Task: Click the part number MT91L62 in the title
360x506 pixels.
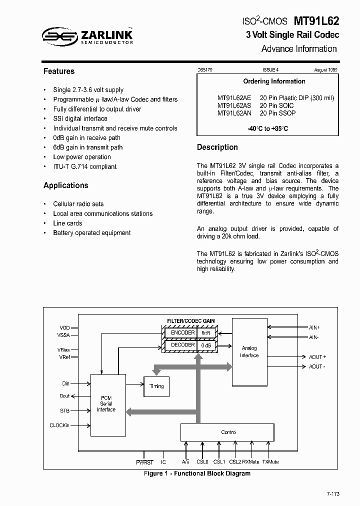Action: coord(316,21)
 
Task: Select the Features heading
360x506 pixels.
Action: coord(59,71)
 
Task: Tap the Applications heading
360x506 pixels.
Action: coord(65,185)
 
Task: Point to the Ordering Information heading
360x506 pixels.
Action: coord(274,81)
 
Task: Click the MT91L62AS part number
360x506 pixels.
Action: coord(234,106)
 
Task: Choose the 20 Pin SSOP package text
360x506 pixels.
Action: coord(277,113)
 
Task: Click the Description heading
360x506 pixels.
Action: coord(217,147)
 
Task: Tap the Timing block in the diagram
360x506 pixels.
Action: coord(156,386)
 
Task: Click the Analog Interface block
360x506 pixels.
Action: coord(249,351)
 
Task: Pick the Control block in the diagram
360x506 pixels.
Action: coord(227,432)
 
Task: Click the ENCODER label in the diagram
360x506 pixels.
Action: coord(182,332)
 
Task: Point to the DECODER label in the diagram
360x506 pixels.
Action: coord(182,345)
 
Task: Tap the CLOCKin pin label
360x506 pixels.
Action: coord(60,425)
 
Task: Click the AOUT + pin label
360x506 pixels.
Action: coord(317,357)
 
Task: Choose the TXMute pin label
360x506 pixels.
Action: coord(270,462)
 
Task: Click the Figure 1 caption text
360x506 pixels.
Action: coord(197,473)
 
